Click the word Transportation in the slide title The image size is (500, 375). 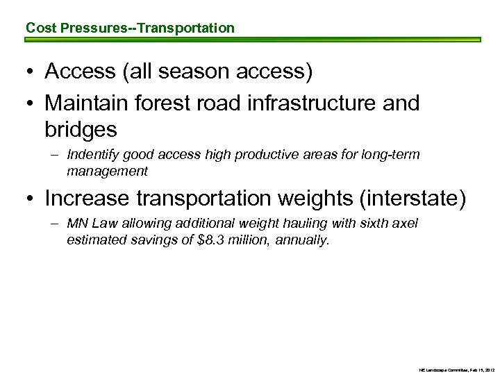pos(187,28)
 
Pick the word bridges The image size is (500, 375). pos(81,129)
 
